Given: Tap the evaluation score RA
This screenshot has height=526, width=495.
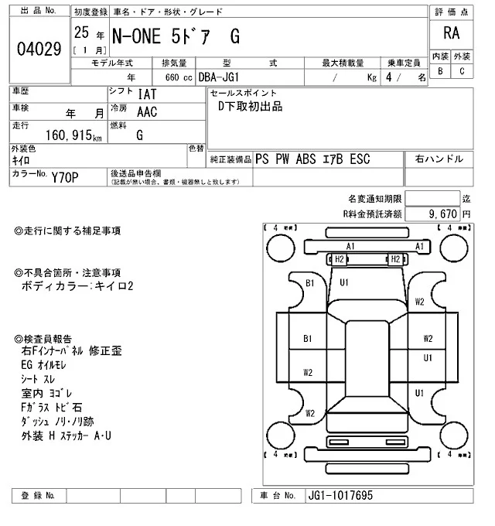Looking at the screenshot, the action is [x=450, y=33].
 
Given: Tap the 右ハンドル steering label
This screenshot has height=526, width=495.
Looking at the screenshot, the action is [x=439, y=159].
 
